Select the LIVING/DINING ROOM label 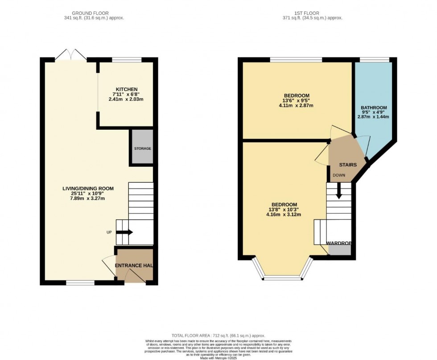(x=88, y=188)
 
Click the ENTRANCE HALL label (x=134, y=266)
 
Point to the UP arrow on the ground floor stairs (x=130, y=232)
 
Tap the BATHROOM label (x=374, y=108)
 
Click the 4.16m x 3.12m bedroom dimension (x=285, y=215)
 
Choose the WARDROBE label (x=339, y=243)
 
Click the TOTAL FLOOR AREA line (x=218, y=335)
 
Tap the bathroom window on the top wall (x=374, y=60)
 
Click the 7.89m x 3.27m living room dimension (x=88, y=199)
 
